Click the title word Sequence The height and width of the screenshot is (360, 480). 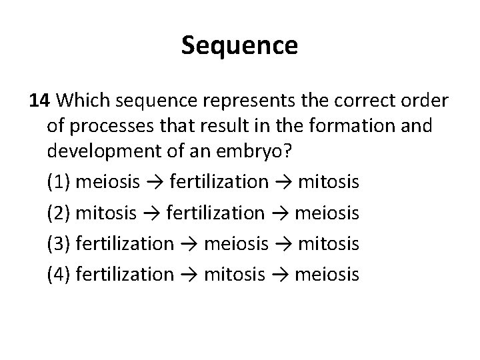(239, 47)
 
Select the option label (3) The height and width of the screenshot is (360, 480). (59, 245)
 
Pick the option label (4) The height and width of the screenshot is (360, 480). (59, 274)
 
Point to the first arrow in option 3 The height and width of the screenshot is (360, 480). (188, 245)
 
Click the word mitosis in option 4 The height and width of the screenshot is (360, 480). (235, 274)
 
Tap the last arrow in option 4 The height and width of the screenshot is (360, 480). (281, 274)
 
